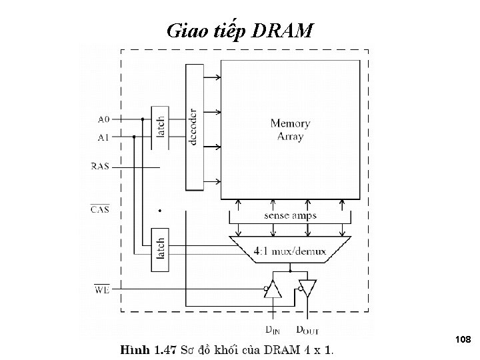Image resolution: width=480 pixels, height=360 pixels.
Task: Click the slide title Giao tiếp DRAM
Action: (x=239, y=30)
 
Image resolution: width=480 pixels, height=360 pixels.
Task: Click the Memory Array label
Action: (x=290, y=130)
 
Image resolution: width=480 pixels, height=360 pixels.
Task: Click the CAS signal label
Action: (x=100, y=209)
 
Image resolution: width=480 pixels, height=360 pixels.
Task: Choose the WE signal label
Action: (x=101, y=289)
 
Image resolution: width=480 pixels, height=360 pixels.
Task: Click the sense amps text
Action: (x=290, y=215)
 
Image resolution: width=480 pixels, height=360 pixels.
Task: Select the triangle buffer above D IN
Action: (x=273, y=289)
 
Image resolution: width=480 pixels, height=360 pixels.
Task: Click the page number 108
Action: (x=463, y=340)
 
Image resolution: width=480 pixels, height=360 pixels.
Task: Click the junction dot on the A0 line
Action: (x=142, y=120)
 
